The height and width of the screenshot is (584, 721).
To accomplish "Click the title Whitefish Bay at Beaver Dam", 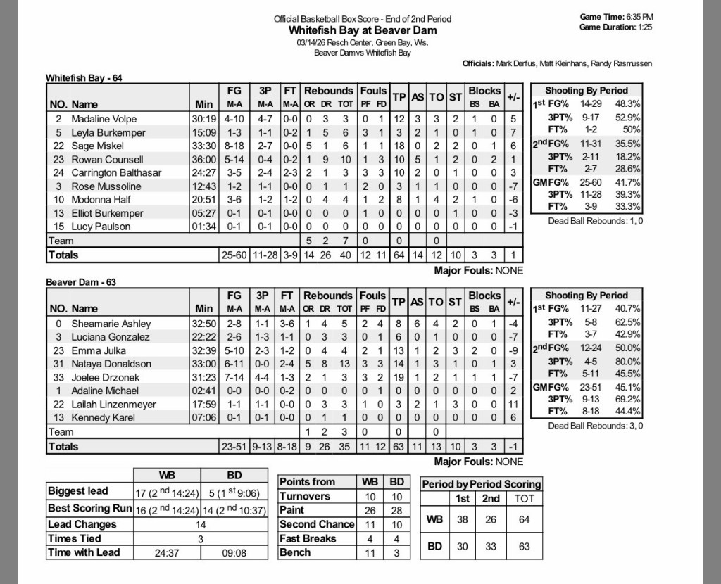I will point(362,30).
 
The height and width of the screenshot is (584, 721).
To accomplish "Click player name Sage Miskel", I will point(97,146).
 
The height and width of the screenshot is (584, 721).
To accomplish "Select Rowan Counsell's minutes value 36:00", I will point(203,159).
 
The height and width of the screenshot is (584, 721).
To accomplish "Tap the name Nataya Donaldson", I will point(111,364).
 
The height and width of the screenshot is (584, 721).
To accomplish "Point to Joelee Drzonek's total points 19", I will point(399,377).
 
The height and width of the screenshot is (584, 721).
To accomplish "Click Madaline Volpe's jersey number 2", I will point(59,119).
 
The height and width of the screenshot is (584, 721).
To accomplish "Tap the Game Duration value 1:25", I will point(645,27).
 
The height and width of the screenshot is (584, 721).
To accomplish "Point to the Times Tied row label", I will point(75,539).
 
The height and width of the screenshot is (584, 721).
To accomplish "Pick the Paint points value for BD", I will point(396,510).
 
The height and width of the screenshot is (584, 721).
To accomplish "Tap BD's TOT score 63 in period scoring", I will point(524,546).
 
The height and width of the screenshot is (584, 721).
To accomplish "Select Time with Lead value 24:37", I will point(167,553).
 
